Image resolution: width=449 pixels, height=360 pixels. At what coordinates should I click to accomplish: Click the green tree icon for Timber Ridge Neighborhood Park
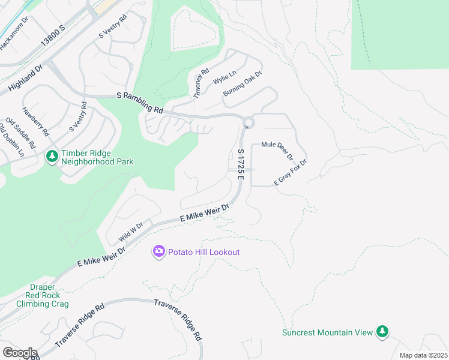pyautogui.click(x=52, y=156)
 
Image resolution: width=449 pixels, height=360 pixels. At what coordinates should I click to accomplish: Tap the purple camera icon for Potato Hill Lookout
pyautogui.click(x=159, y=251)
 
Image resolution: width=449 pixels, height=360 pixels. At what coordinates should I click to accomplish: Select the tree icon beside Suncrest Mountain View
pyautogui.click(x=382, y=331)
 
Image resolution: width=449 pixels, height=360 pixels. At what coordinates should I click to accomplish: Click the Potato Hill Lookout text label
pyautogui.click(x=204, y=252)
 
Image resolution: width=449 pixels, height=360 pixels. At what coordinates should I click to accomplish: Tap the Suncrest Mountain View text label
pyautogui.click(x=328, y=332)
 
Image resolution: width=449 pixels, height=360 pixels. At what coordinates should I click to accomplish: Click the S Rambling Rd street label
pyautogui.click(x=140, y=102)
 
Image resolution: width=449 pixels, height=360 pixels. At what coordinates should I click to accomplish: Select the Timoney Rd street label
pyautogui.click(x=200, y=83)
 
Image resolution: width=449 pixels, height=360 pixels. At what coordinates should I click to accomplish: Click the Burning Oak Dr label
pyautogui.click(x=243, y=85)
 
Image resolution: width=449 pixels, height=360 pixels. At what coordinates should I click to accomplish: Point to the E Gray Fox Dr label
pyautogui.click(x=291, y=172)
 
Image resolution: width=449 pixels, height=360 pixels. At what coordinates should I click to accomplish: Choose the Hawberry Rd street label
pyautogui.click(x=35, y=121)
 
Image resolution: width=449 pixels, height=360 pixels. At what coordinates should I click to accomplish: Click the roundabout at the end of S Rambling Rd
pyautogui.click(x=249, y=123)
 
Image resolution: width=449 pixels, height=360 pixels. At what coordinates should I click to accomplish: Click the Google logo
pyautogui.click(x=20, y=352)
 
